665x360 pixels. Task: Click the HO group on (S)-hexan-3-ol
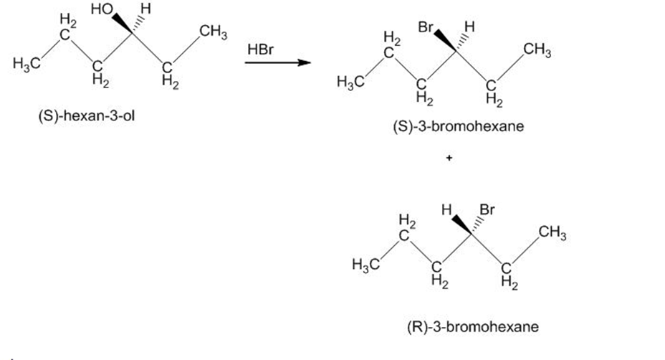[x=101, y=9]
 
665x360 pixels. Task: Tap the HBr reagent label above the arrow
[x=260, y=49]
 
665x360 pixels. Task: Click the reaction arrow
[x=278, y=63]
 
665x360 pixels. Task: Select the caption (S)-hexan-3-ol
[x=87, y=115]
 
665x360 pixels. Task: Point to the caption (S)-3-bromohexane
[x=459, y=126]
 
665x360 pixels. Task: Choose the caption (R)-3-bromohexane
[x=473, y=327]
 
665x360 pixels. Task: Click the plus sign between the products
[x=449, y=158]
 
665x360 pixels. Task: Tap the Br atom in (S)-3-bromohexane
[x=426, y=27]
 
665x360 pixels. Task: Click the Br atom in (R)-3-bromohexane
[x=487, y=209]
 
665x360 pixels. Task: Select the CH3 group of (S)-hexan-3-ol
[x=214, y=32]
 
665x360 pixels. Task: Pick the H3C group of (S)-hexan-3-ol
[x=27, y=64]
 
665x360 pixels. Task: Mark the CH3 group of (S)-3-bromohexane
[x=537, y=50]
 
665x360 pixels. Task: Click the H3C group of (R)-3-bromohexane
[x=365, y=265]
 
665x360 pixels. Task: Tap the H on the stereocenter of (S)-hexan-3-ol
[x=145, y=9]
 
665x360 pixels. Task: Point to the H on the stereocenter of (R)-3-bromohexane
[x=446, y=209]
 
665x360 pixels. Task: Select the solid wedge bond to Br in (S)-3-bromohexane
[x=445, y=41]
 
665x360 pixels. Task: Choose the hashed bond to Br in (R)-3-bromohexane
[x=477, y=224]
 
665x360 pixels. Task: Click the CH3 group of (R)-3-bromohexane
[x=552, y=234]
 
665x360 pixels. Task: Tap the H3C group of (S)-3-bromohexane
[x=350, y=81]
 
